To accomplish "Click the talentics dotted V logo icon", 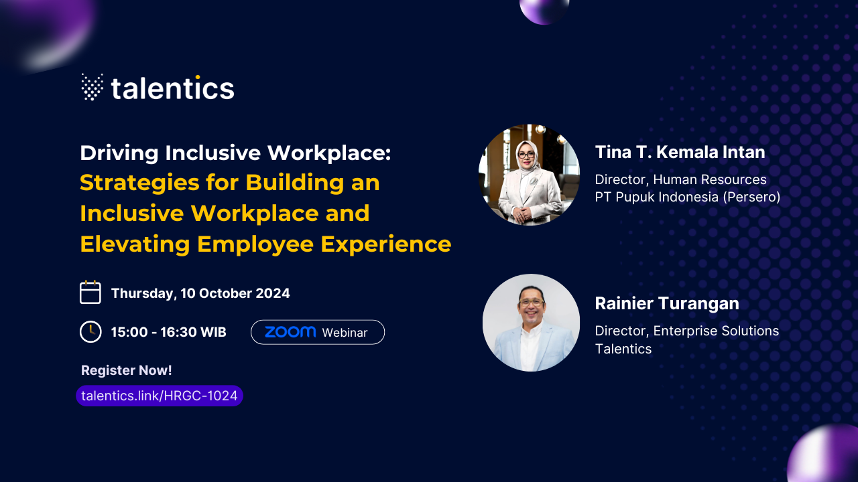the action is point(92,87).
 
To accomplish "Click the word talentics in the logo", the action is point(172,88).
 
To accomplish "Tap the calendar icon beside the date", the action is point(90,293).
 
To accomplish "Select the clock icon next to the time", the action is point(90,331).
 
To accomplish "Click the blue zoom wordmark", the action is point(290,331).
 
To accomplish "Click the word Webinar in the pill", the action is point(345,333).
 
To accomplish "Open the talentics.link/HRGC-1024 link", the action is point(160,396).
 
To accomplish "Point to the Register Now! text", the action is point(127,370).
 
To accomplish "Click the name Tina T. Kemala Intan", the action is point(680,152).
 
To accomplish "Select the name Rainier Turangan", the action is point(667,303).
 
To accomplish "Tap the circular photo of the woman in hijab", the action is point(529,175).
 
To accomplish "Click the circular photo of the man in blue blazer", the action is point(531,323).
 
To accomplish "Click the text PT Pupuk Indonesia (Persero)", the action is point(688,197).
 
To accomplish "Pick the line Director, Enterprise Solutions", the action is point(687,331).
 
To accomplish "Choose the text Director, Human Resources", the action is point(680,179).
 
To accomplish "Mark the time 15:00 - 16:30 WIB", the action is point(168,331).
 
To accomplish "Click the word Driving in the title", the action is point(119,153).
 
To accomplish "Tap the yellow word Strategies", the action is point(139,183).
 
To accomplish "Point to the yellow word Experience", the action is point(386,244).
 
